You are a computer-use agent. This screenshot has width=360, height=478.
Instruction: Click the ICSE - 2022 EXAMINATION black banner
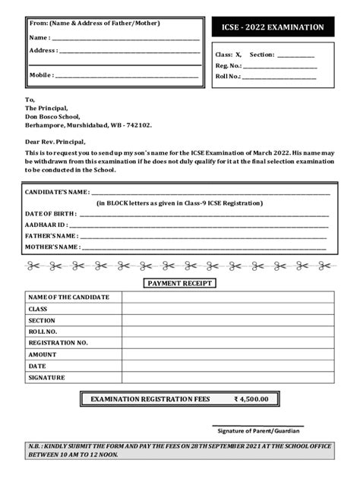click(x=272, y=27)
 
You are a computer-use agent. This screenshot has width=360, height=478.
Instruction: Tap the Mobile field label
click(x=41, y=75)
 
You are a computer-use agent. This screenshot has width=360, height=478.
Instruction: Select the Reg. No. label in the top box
click(x=228, y=66)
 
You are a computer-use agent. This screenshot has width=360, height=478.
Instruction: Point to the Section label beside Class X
click(x=262, y=55)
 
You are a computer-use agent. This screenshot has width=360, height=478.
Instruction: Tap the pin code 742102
click(x=138, y=125)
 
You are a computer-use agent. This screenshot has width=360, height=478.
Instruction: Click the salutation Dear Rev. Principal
click(x=55, y=142)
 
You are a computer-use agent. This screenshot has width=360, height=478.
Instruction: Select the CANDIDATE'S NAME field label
click(x=57, y=193)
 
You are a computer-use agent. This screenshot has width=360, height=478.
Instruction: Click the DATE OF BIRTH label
click(x=50, y=214)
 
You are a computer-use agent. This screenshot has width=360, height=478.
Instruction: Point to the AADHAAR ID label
click(x=46, y=225)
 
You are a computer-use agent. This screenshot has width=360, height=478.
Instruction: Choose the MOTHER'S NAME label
click(x=52, y=247)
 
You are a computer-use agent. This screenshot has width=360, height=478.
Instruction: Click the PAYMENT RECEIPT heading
click(x=180, y=283)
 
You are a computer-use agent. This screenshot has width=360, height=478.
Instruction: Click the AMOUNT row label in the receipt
click(x=43, y=354)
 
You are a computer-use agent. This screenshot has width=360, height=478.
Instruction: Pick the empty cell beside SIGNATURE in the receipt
click(x=228, y=377)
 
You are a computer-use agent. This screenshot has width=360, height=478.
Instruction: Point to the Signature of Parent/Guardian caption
click(x=258, y=431)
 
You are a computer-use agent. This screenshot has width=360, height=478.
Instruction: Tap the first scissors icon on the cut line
click(x=33, y=266)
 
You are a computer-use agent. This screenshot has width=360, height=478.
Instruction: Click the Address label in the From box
click(x=43, y=50)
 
